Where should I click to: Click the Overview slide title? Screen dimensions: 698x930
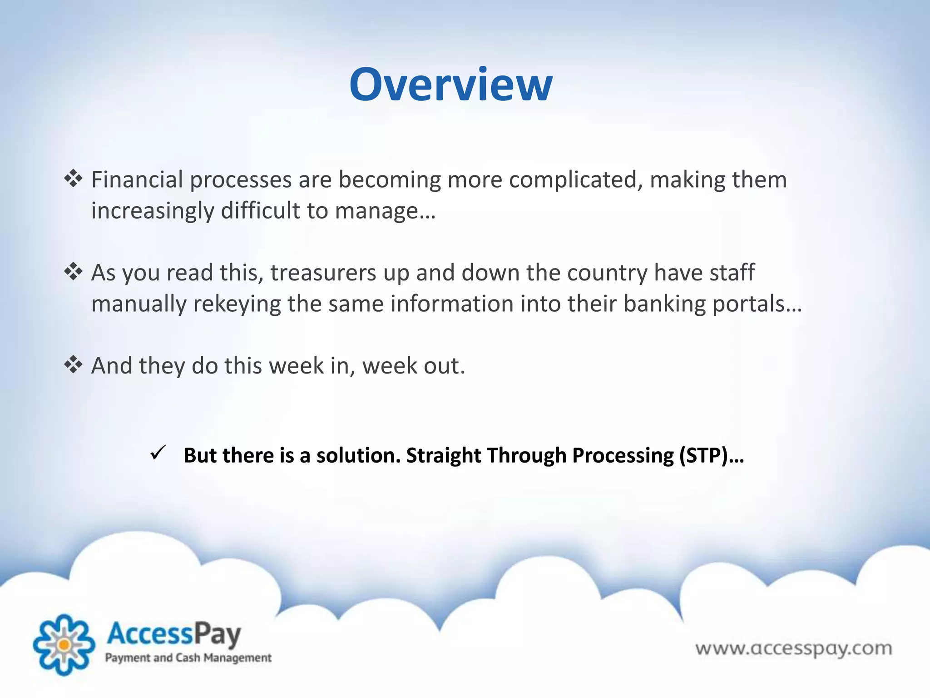[450, 85]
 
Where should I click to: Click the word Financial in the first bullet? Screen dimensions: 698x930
[137, 180]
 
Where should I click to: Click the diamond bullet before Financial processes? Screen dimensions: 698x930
[73, 179]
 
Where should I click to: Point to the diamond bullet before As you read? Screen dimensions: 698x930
[73, 272]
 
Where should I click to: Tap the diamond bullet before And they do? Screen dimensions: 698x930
[73, 364]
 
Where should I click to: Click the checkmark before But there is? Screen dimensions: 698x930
[158, 453]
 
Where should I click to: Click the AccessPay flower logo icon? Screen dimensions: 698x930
[64, 644]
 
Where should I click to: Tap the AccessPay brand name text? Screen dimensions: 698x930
[174, 634]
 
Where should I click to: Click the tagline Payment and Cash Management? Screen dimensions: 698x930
[188, 658]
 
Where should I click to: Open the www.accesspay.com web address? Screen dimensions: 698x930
[794, 648]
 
